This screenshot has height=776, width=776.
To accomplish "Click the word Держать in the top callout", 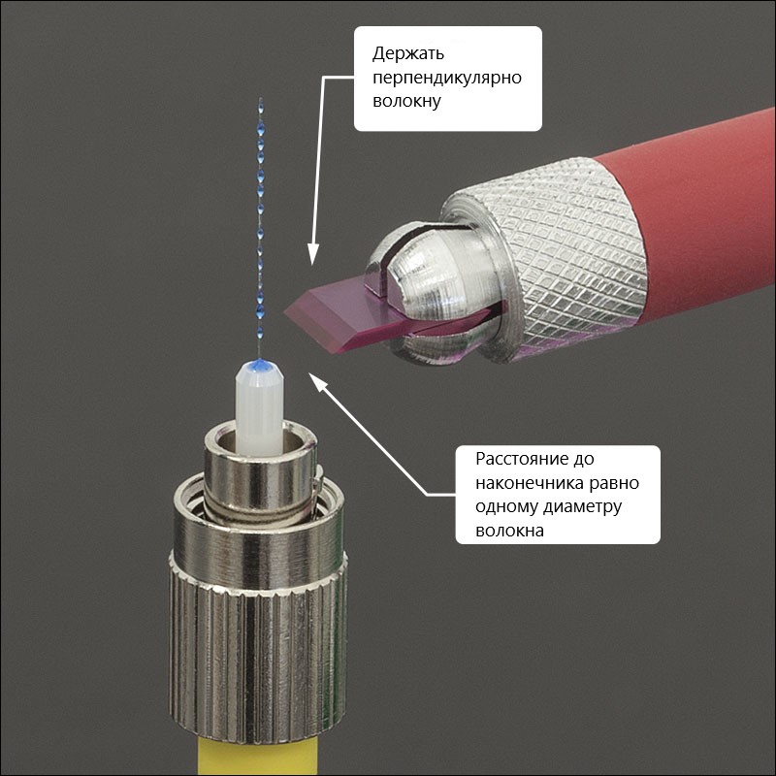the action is [408, 54].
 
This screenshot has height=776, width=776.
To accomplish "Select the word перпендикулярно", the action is [447, 78].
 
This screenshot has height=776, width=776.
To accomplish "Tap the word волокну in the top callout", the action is [406, 102].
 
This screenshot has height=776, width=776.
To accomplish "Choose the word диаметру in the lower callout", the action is [582, 507].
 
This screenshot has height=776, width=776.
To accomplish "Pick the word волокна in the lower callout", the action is [510, 531].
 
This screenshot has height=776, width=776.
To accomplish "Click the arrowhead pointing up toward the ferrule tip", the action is [318, 382].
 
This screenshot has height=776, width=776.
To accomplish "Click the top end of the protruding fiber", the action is [261, 99].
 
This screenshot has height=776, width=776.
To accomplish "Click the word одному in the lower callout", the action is [506, 507].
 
